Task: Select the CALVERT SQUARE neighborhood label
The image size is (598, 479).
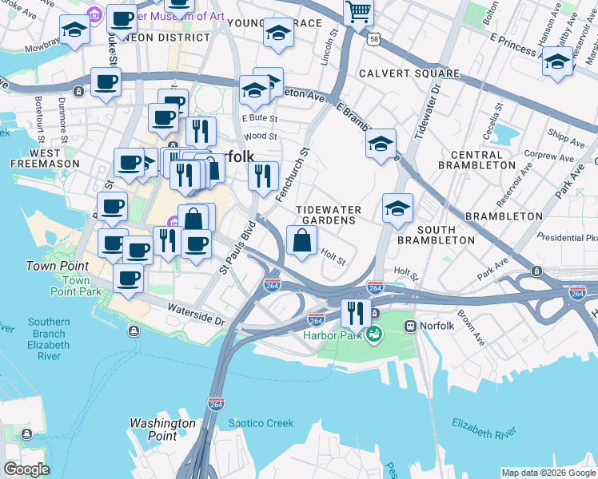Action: point(409,73)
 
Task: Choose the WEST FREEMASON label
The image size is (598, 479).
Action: point(45,157)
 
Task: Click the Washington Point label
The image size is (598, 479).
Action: point(162,430)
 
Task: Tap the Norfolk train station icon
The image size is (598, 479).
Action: point(411,326)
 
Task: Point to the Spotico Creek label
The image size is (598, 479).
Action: point(260,423)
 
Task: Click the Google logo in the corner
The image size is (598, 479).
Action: point(26,469)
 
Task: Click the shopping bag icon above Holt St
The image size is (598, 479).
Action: point(301,240)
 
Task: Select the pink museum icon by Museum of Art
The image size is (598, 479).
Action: point(94,14)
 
